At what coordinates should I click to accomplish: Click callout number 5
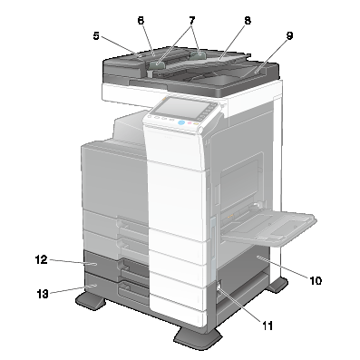pyautogui.click(x=96, y=36)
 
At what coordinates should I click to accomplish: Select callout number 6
pyautogui.click(x=141, y=21)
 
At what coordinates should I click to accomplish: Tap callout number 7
pyautogui.click(x=192, y=21)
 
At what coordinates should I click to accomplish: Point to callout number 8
pyautogui.click(x=248, y=21)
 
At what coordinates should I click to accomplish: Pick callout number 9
pyautogui.click(x=289, y=35)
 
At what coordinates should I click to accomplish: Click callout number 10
pyautogui.click(x=316, y=281)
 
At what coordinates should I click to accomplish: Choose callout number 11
pyautogui.click(x=268, y=326)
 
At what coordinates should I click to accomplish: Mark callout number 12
pyautogui.click(x=42, y=259)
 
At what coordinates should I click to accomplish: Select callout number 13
pyautogui.click(x=43, y=294)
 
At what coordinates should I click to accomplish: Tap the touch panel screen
pyautogui.click(x=182, y=109)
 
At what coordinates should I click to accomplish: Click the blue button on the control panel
pyautogui.click(x=181, y=122)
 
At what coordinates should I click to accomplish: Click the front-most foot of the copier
pyautogui.click(x=198, y=338)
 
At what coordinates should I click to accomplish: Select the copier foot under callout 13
pyautogui.click(x=91, y=301)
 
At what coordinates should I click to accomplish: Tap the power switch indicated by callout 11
pyautogui.click(x=219, y=287)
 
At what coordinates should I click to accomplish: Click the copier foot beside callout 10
pyautogui.click(x=277, y=284)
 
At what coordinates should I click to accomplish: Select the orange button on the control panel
pyautogui.click(x=196, y=123)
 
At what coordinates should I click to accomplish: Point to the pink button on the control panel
pyautogui.click(x=190, y=123)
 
